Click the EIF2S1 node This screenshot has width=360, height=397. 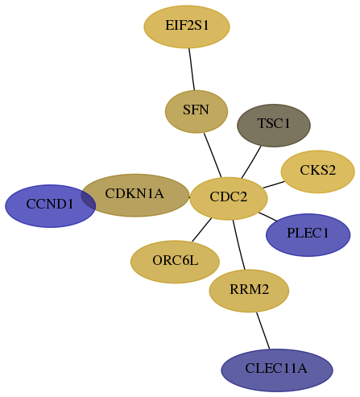pos(187,27)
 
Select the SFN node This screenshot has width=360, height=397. pos(197,111)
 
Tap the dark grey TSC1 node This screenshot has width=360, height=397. pos(274,126)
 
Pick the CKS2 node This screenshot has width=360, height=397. pos(318,172)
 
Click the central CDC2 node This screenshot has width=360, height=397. pos(229,198)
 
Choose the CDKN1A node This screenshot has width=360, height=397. pos(135,195)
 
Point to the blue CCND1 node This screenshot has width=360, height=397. pos(51,206)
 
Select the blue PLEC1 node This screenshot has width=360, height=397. pos(308,235)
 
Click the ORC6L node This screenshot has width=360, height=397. pos(175,262)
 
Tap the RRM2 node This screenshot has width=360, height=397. pos(249,291)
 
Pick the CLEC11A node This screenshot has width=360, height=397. pos(277,370)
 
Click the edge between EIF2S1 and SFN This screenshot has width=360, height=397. pos(192,69)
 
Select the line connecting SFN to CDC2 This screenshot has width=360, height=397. pos(213,155)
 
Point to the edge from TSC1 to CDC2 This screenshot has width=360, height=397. pos(251,162)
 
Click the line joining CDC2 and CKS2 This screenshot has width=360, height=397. pos(274,184)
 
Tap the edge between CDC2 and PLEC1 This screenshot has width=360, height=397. pos(267,217)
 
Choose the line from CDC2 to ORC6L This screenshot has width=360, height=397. pos(202,230)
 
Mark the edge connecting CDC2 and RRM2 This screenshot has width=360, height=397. pos(239,245)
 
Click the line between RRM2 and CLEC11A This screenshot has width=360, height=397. pos(263,331)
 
